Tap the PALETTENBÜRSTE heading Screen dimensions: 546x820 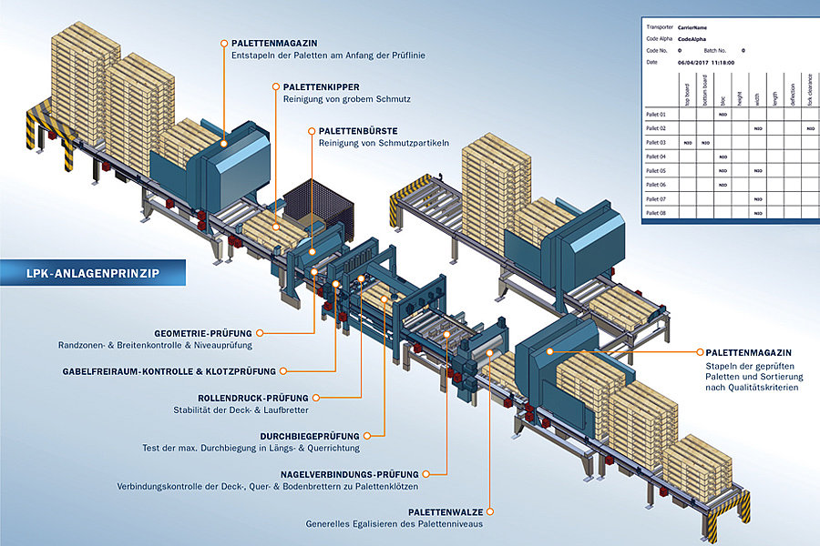point(358,131)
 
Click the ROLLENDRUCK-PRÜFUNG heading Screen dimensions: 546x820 point(253,398)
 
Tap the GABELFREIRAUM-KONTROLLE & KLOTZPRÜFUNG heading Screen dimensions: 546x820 point(169,371)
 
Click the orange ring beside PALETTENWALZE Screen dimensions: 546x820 point(492,512)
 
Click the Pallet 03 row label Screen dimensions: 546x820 point(656,143)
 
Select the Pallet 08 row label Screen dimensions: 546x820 point(656,213)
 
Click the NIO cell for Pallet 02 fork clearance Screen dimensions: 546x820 point(810,129)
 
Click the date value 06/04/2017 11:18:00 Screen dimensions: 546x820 point(706,63)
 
